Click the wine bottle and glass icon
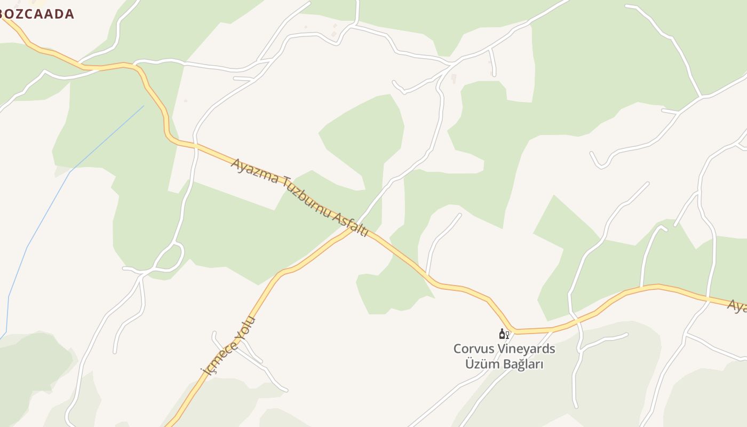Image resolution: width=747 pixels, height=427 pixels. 504,334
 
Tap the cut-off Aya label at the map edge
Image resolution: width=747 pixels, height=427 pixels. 737,306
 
